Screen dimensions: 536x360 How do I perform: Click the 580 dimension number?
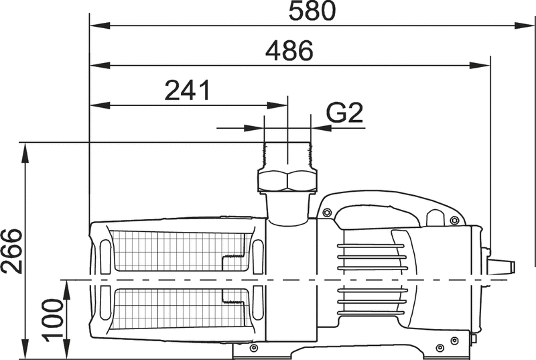click(x=312, y=11)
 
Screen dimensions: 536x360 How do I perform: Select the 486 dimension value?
click(x=289, y=50)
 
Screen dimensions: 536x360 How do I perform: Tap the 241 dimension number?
click(x=187, y=91)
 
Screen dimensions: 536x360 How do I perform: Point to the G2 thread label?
click(x=344, y=113)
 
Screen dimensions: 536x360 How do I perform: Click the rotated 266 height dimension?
click(x=11, y=251)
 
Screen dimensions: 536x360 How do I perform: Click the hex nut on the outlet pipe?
click(x=287, y=181)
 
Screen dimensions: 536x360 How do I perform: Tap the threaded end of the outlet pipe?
click(x=287, y=156)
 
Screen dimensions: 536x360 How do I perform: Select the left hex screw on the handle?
click(x=327, y=213)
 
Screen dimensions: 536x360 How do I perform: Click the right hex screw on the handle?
click(x=454, y=221)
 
